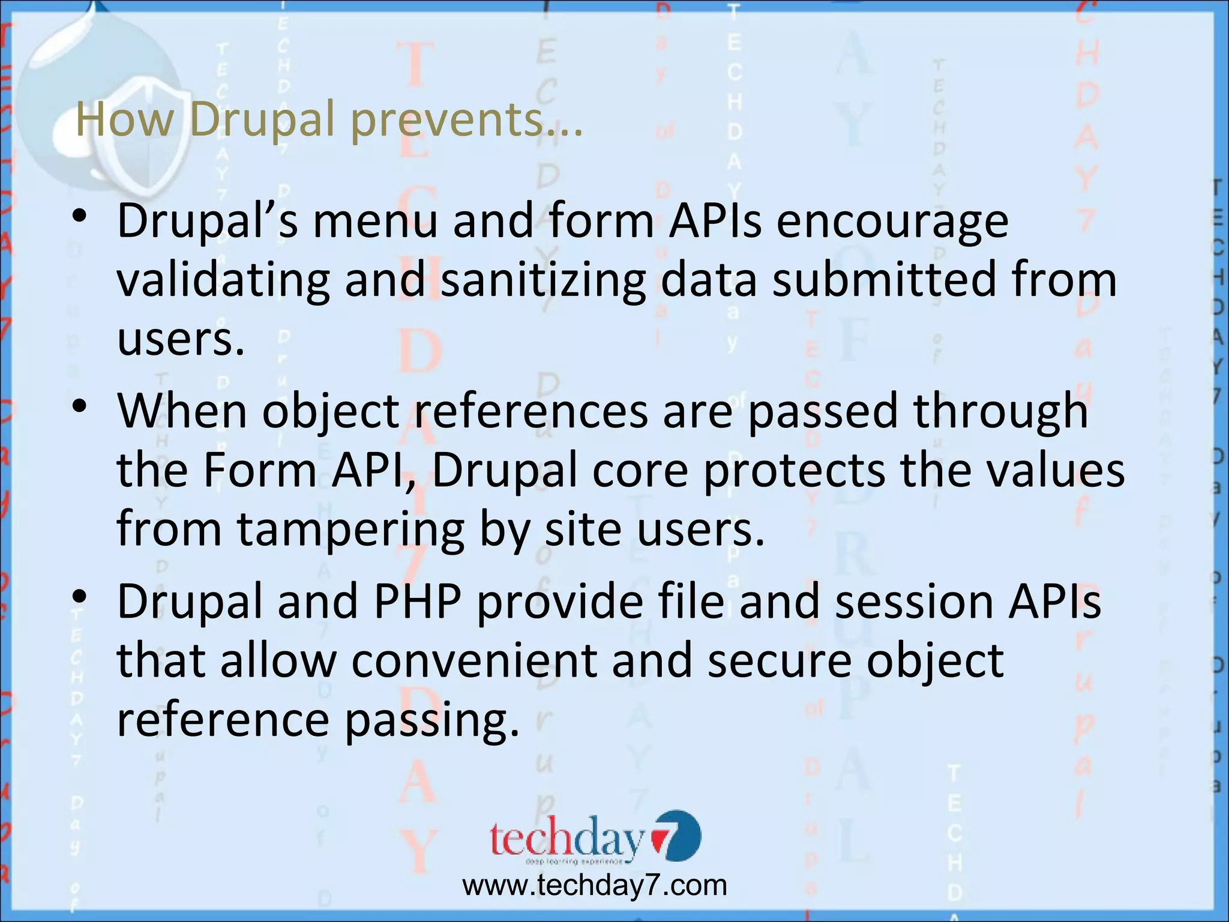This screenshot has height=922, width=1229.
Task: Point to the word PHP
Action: click(418, 601)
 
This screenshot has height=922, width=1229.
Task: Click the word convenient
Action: click(474, 660)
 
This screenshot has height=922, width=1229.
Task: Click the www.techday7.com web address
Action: click(594, 885)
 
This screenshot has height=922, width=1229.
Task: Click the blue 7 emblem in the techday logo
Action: click(676, 836)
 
